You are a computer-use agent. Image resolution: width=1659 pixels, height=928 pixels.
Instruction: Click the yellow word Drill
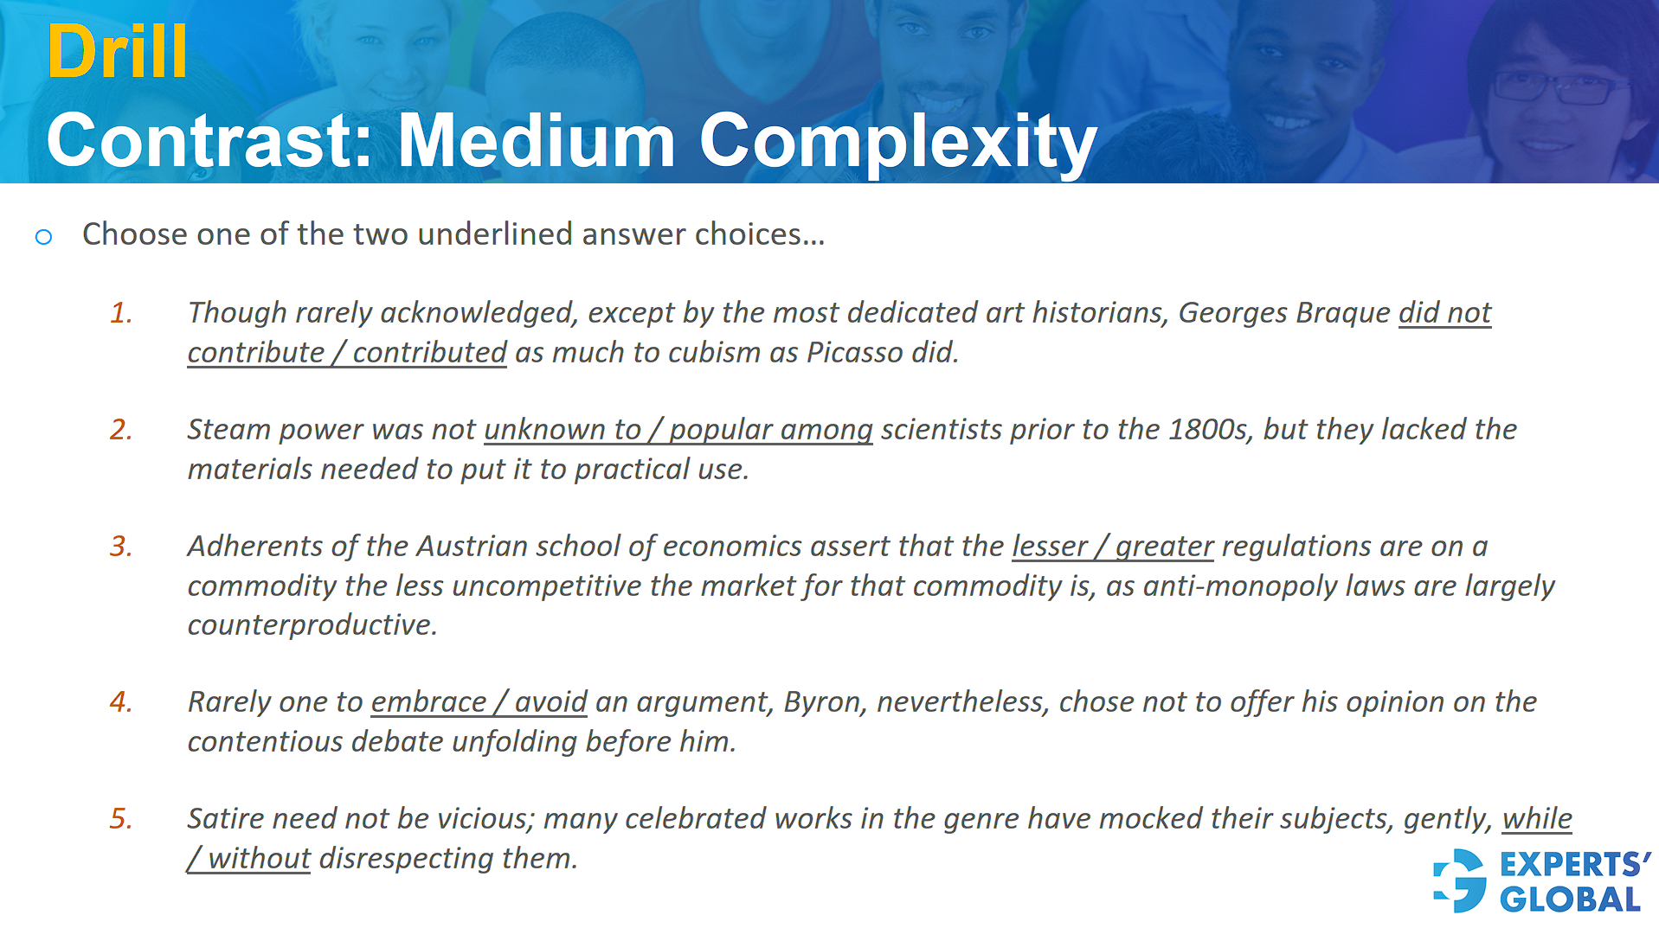(x=117, y=52)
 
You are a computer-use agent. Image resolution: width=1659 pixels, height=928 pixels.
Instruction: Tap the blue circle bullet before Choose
(x=43, y=236)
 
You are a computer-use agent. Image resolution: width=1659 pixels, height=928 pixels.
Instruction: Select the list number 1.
(x=121, y=313)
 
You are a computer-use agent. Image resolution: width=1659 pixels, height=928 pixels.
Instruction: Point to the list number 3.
(x=121, y=547)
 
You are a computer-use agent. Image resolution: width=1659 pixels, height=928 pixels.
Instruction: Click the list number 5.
(x=121, y=819)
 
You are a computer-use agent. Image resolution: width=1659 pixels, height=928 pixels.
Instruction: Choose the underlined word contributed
(x=429, y=353)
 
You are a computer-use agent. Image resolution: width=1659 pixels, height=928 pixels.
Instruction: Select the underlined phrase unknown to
(x=562, y=430)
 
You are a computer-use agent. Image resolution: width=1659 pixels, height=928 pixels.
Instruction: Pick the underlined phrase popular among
(x=770, y=430)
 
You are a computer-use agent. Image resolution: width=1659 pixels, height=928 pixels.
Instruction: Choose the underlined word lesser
(x=1049, y=547)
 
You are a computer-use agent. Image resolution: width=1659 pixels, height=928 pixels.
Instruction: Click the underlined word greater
(x=1164, y=547)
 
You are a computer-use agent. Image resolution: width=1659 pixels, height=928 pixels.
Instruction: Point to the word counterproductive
(x=312, y=624)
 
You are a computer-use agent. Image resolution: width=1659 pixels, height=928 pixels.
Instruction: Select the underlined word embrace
(x=428, y=702)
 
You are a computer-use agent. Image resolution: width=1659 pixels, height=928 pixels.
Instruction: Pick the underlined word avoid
(x=550, y=702)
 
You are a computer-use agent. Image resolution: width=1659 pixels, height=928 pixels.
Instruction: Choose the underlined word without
(x=259, y=859)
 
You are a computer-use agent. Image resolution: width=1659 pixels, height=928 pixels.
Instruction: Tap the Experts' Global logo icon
(x=1460, y=880)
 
